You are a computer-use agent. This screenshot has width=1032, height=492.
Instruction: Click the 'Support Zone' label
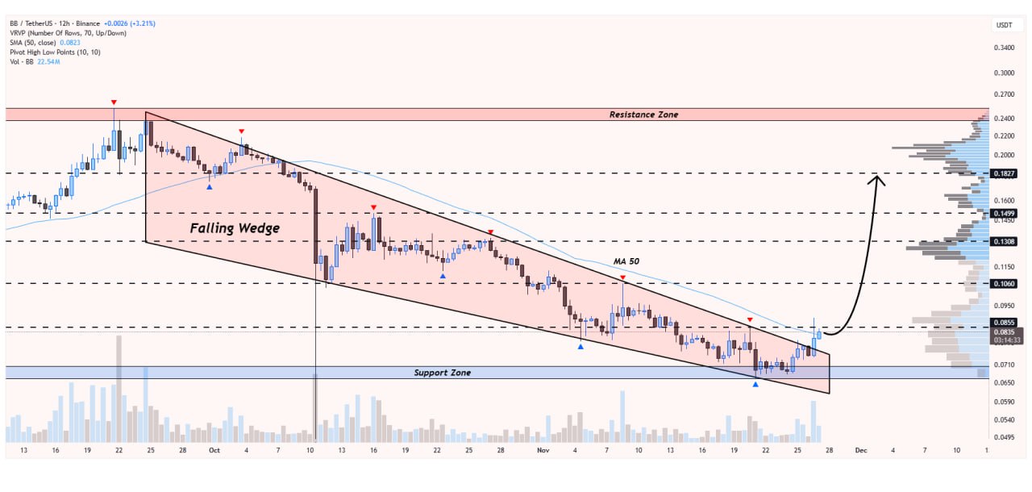click(443, 373)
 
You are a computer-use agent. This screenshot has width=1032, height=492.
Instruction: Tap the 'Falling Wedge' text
click(235, 228)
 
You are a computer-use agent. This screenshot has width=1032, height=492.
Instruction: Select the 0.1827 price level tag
click(1004, 173)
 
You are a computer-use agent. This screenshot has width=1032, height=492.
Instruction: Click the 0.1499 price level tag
click(1004, 214)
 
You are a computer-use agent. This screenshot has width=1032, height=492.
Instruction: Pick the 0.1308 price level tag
click(1004, 241)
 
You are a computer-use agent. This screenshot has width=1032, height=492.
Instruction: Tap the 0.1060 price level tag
click(1004, 283)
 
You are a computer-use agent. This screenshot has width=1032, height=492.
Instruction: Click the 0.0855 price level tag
click(1004, 323)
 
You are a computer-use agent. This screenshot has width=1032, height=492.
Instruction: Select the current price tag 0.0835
click(1004, 332)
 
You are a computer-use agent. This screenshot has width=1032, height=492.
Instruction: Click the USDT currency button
click(1004, 25)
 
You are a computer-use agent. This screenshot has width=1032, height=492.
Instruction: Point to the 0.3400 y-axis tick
click(1004, 48)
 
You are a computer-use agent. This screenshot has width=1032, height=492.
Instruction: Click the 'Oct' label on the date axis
click(214, 450)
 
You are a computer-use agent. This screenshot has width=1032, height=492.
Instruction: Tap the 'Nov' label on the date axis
click(543, 450)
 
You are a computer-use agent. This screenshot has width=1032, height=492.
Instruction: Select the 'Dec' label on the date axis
click(861, 450)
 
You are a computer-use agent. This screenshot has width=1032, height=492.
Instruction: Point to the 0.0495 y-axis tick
click(1004, 437)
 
